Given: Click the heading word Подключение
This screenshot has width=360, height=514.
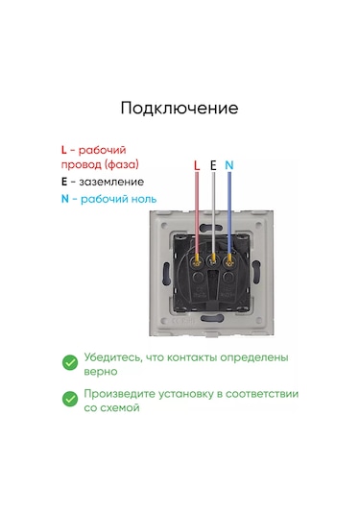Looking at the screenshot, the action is point(180,109).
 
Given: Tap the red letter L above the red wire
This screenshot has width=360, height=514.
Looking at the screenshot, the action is point(197,165).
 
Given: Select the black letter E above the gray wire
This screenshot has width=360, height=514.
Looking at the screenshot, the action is point(213,165).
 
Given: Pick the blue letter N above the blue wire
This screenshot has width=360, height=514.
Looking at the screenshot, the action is point(229,165).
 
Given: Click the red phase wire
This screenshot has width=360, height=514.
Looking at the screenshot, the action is point(197,213).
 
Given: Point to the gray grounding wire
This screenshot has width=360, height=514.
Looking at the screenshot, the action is point(213,213).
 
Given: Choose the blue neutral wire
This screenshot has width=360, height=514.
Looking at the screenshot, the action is point(229,213).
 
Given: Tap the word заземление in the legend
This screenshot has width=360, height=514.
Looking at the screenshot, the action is point(111,182).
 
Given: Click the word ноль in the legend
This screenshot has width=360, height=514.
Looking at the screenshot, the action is point(143,199).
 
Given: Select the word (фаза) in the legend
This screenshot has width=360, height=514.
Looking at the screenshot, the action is point(122,164).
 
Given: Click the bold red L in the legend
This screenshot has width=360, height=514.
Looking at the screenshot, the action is point(64,150).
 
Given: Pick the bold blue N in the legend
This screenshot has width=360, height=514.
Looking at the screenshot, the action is point(65,199).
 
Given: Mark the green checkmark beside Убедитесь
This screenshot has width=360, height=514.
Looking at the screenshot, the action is point(70,362).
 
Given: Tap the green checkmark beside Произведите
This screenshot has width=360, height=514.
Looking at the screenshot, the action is point(70,399).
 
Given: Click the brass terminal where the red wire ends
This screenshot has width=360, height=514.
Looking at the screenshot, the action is point(197,261).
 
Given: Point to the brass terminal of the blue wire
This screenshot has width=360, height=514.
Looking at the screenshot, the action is point(229,261).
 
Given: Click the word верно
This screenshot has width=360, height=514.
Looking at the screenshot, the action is point(101,372).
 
